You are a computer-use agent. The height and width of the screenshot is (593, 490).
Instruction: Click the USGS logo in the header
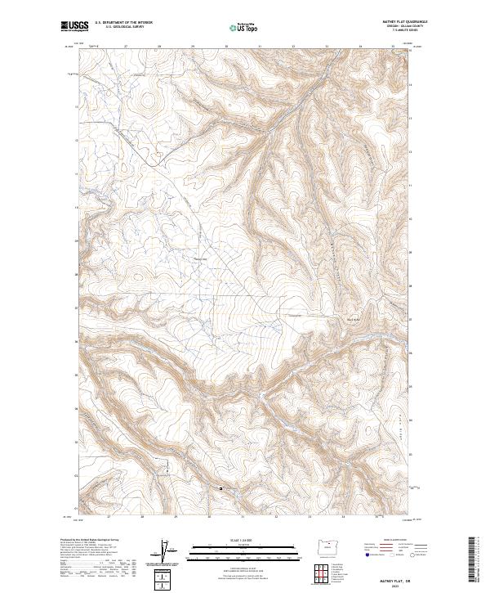(75, 26)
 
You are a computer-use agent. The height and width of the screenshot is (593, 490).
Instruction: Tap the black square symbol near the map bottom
(220, 488)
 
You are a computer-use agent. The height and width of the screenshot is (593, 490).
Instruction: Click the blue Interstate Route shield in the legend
(367, 555)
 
